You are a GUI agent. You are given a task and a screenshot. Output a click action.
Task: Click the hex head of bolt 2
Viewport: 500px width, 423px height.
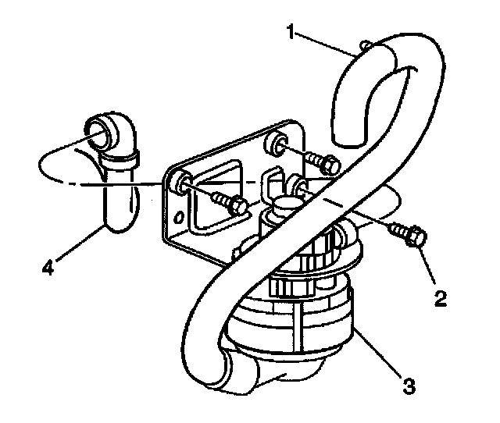coord(414,234)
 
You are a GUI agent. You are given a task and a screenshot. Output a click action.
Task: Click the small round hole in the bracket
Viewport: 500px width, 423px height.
coord(181,216)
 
